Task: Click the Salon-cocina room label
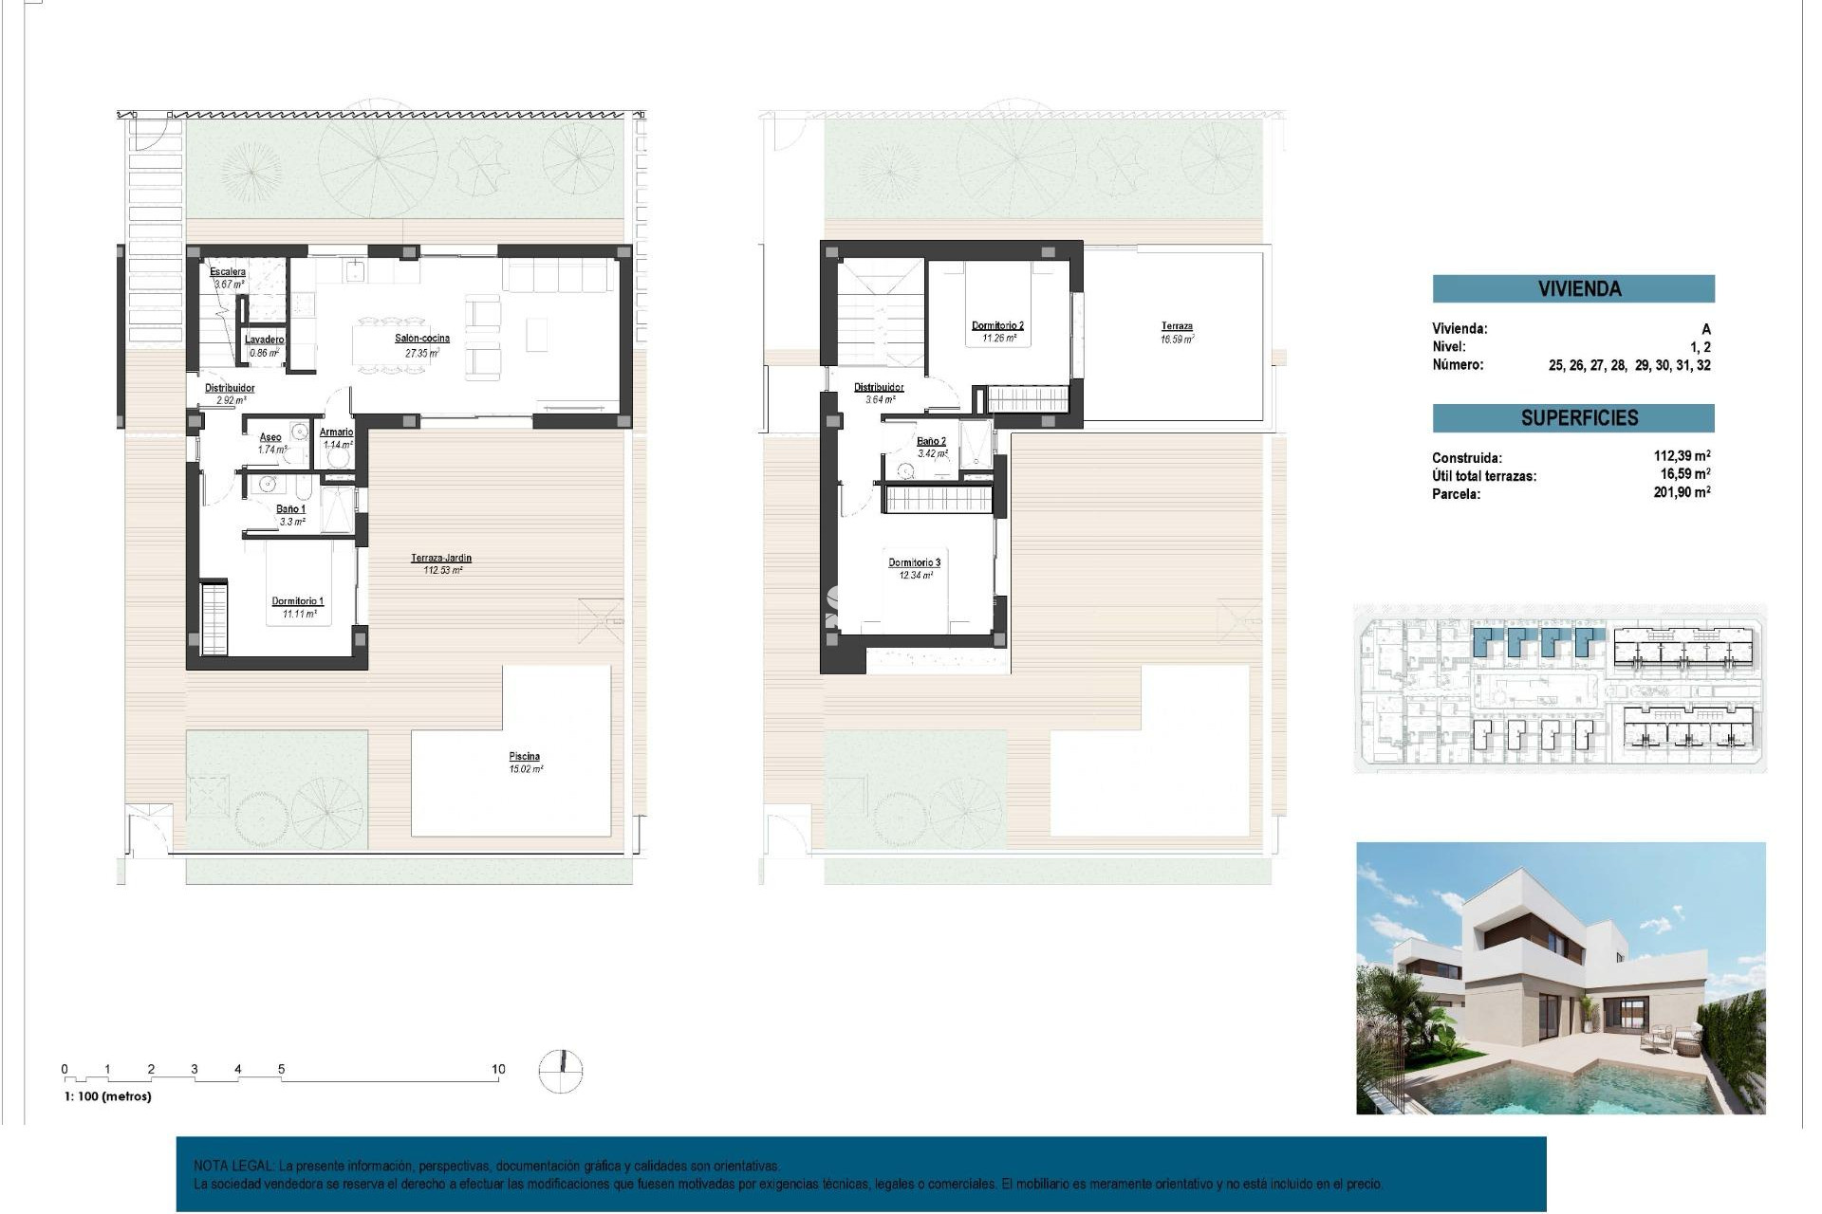422,339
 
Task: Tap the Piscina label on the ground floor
524,757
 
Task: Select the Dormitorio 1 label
298,601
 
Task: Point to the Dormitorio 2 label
997,326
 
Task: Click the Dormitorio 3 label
914,563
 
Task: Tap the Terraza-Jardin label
441,559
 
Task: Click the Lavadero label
265,340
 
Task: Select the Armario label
337,432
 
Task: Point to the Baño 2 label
931,441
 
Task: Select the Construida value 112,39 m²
1682,456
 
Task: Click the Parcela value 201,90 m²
1682,492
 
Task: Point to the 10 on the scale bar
498,1069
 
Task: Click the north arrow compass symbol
561,1071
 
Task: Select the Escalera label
228,272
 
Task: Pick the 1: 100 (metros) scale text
108,1096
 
